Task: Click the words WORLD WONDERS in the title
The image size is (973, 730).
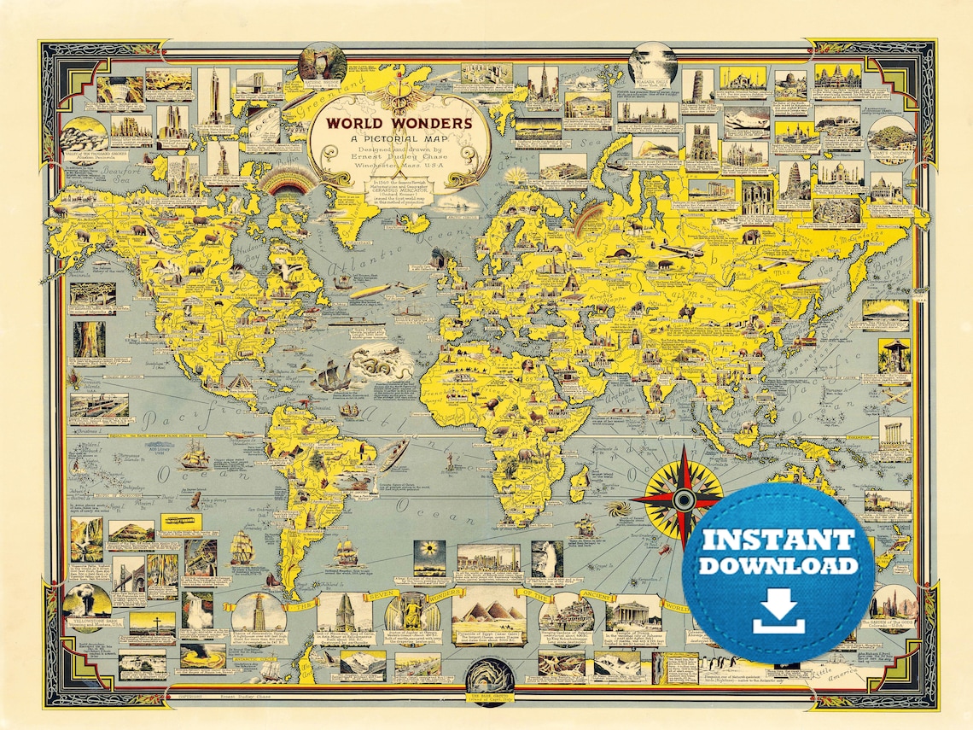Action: (393, 123)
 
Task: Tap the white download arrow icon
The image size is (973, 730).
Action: (778, 612)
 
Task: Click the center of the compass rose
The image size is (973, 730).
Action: (684, 498)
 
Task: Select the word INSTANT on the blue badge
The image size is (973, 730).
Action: (778, 540)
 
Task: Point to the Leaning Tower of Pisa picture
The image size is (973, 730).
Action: (697, 86)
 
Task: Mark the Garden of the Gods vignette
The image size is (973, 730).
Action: (890, 603)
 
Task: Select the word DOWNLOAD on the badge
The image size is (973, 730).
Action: (778, 566)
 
